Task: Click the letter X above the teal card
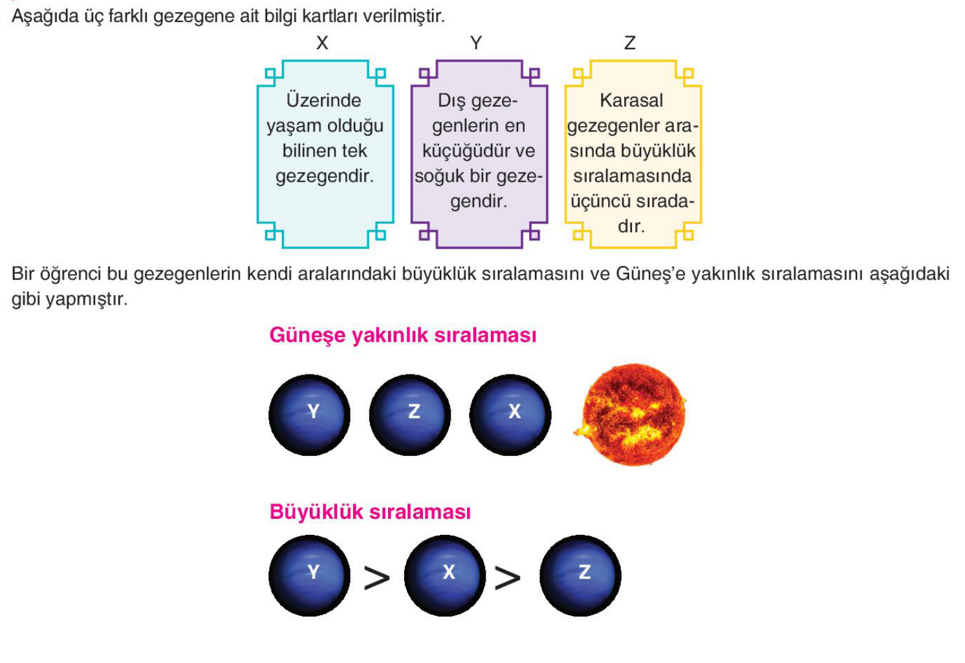322,43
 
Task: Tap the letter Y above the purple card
476,43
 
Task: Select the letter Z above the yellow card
630,43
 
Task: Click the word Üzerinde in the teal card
324,100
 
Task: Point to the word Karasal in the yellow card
631,100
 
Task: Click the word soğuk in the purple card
438,177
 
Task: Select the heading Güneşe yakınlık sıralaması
403,335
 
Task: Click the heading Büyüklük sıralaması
370,512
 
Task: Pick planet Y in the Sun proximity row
309,415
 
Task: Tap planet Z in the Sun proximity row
409,415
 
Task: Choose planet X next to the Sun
510,415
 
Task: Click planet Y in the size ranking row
309,576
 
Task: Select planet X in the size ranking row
445,576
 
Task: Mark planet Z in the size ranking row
580,576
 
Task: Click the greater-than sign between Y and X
377,577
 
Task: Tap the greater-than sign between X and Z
508,577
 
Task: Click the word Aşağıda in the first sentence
45,17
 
